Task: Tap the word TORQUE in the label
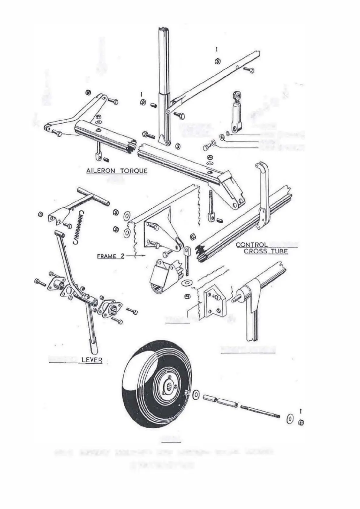click(134, 171)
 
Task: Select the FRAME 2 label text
click(110, 257)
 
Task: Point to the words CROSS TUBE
click(266, 251)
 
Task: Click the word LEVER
click(92, 360)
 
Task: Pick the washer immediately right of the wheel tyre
click(196, 394)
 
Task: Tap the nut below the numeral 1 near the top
click(217, 61)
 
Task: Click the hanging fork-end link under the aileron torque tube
click(98, 153)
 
